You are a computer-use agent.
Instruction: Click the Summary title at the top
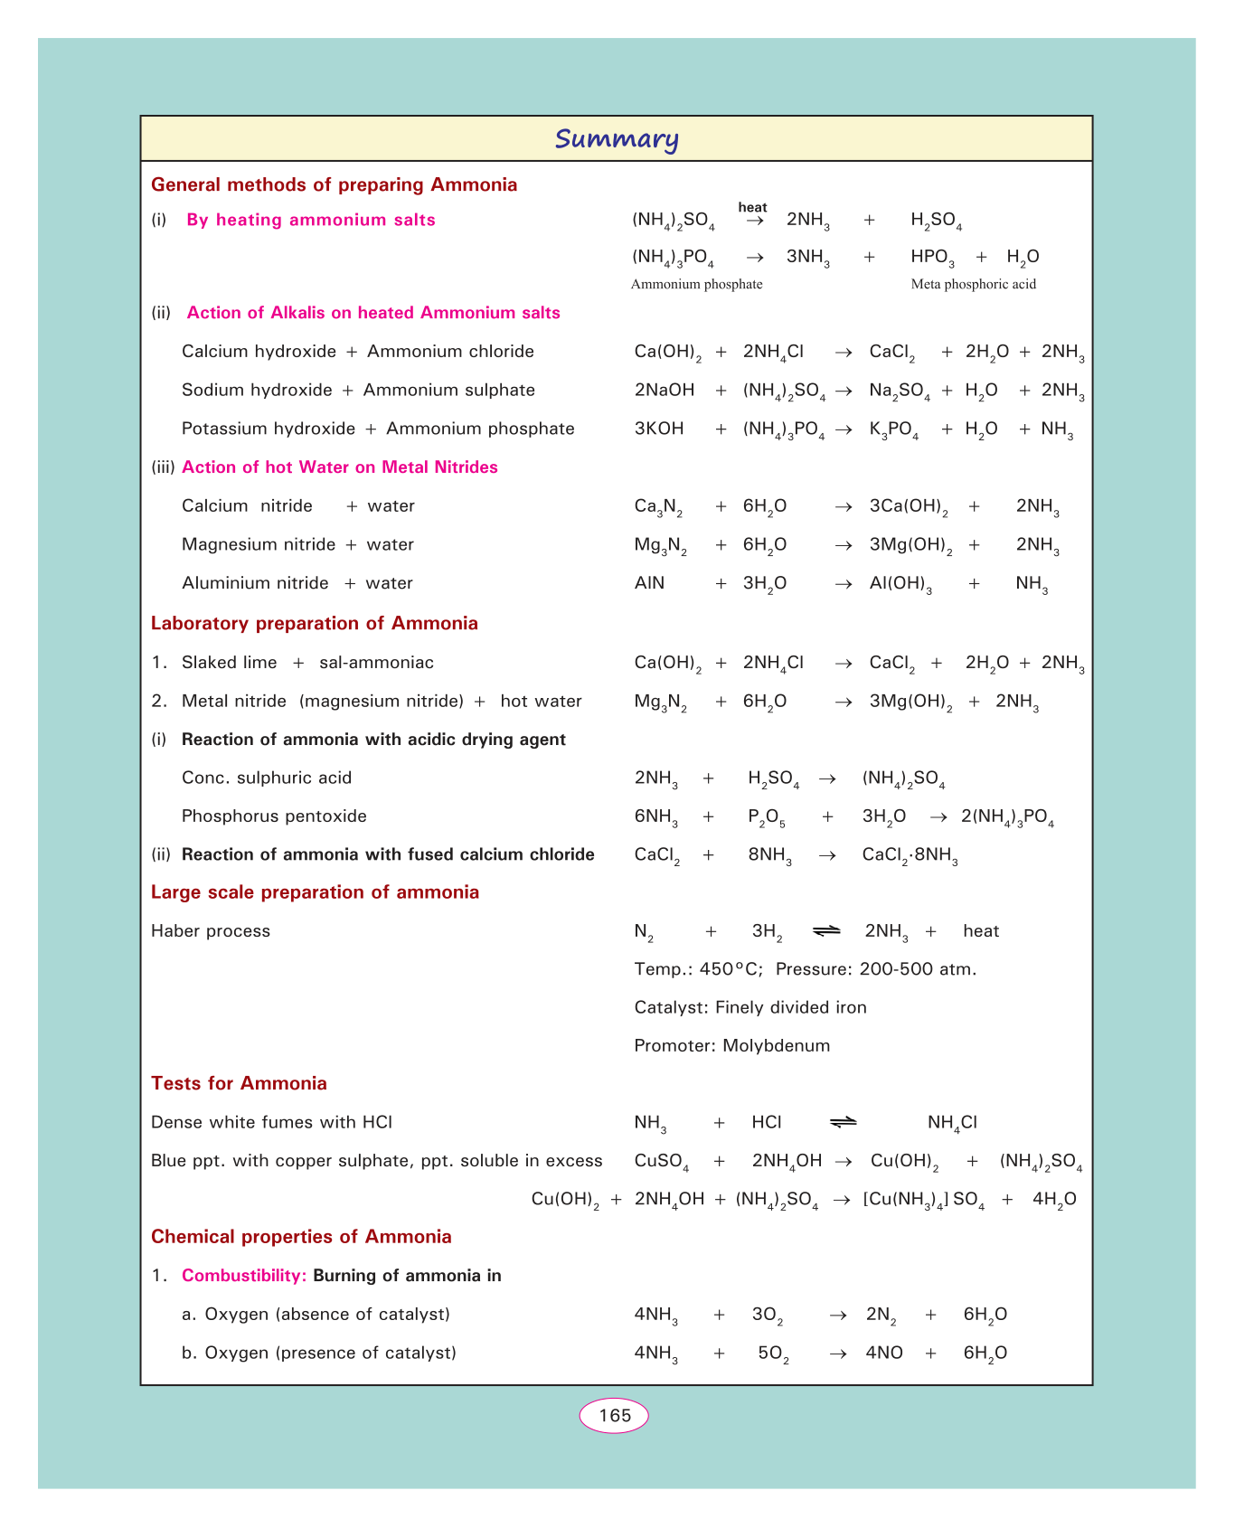(x=617, y=139)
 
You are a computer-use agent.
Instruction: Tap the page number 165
(x=615, y=1415)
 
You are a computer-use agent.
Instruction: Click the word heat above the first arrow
(x=752, y=207)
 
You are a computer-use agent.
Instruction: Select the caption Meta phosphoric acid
(x=973, y=284)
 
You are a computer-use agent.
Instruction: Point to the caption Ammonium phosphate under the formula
(x=696, y=284)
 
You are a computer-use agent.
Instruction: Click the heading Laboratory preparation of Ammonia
(x=314, y=623)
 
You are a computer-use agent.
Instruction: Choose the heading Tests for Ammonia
(x=239, y=1083)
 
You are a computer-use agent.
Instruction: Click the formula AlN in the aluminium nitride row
(x=649, y=583)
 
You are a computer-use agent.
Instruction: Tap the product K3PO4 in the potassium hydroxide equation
(x=893, y=429)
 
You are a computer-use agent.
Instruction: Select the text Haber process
(x=211, y=931)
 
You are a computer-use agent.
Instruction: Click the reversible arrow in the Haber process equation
(x=826, y=930)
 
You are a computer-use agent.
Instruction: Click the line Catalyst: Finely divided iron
(x=750, y=1007)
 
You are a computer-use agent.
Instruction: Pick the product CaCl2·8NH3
(x=910, y=855)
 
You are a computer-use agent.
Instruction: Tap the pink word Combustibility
(x=244, y=1276)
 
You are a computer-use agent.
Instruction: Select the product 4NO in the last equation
(x=884, y=1354)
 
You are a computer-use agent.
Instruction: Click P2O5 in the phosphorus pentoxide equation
(x=766, y=817)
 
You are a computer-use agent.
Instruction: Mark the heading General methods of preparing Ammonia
(x=334, y=184)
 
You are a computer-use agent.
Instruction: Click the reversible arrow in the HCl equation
(x=843, y=1122)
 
